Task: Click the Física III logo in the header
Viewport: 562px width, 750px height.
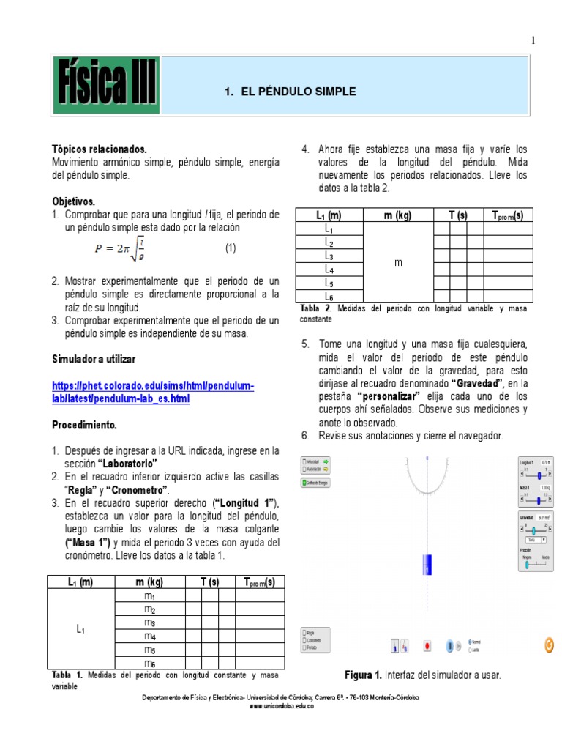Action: [105, 92]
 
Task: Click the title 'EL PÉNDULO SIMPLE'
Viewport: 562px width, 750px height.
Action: [290, 92]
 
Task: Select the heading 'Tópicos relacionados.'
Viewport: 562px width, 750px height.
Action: [99, 149]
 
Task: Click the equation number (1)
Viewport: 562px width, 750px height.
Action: [231, 248]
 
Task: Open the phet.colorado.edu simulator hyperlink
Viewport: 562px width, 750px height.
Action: [153, 392]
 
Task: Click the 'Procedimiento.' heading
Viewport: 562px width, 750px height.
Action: [84, 425]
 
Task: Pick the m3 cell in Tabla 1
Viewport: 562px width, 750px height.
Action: [150, 623]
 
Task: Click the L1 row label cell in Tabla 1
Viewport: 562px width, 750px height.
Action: [81, 629]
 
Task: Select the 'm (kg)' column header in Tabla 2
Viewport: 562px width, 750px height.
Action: [399, 215]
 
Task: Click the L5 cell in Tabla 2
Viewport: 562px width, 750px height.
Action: [329, 283]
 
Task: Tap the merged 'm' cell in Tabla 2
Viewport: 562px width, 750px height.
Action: [399, 262]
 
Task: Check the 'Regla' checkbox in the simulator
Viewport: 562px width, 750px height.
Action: [304, 631]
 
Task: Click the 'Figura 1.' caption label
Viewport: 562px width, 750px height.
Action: [364, 675]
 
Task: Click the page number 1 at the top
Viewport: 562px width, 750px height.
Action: [533, 41]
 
